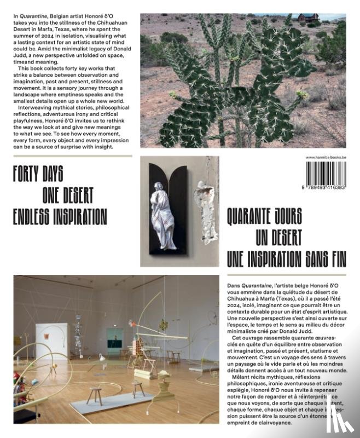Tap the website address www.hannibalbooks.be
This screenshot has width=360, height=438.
point(326,158)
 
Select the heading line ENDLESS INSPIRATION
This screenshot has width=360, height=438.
point(60,216)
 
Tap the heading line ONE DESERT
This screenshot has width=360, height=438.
point(68,195)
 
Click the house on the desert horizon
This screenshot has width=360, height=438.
point(309,18)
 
